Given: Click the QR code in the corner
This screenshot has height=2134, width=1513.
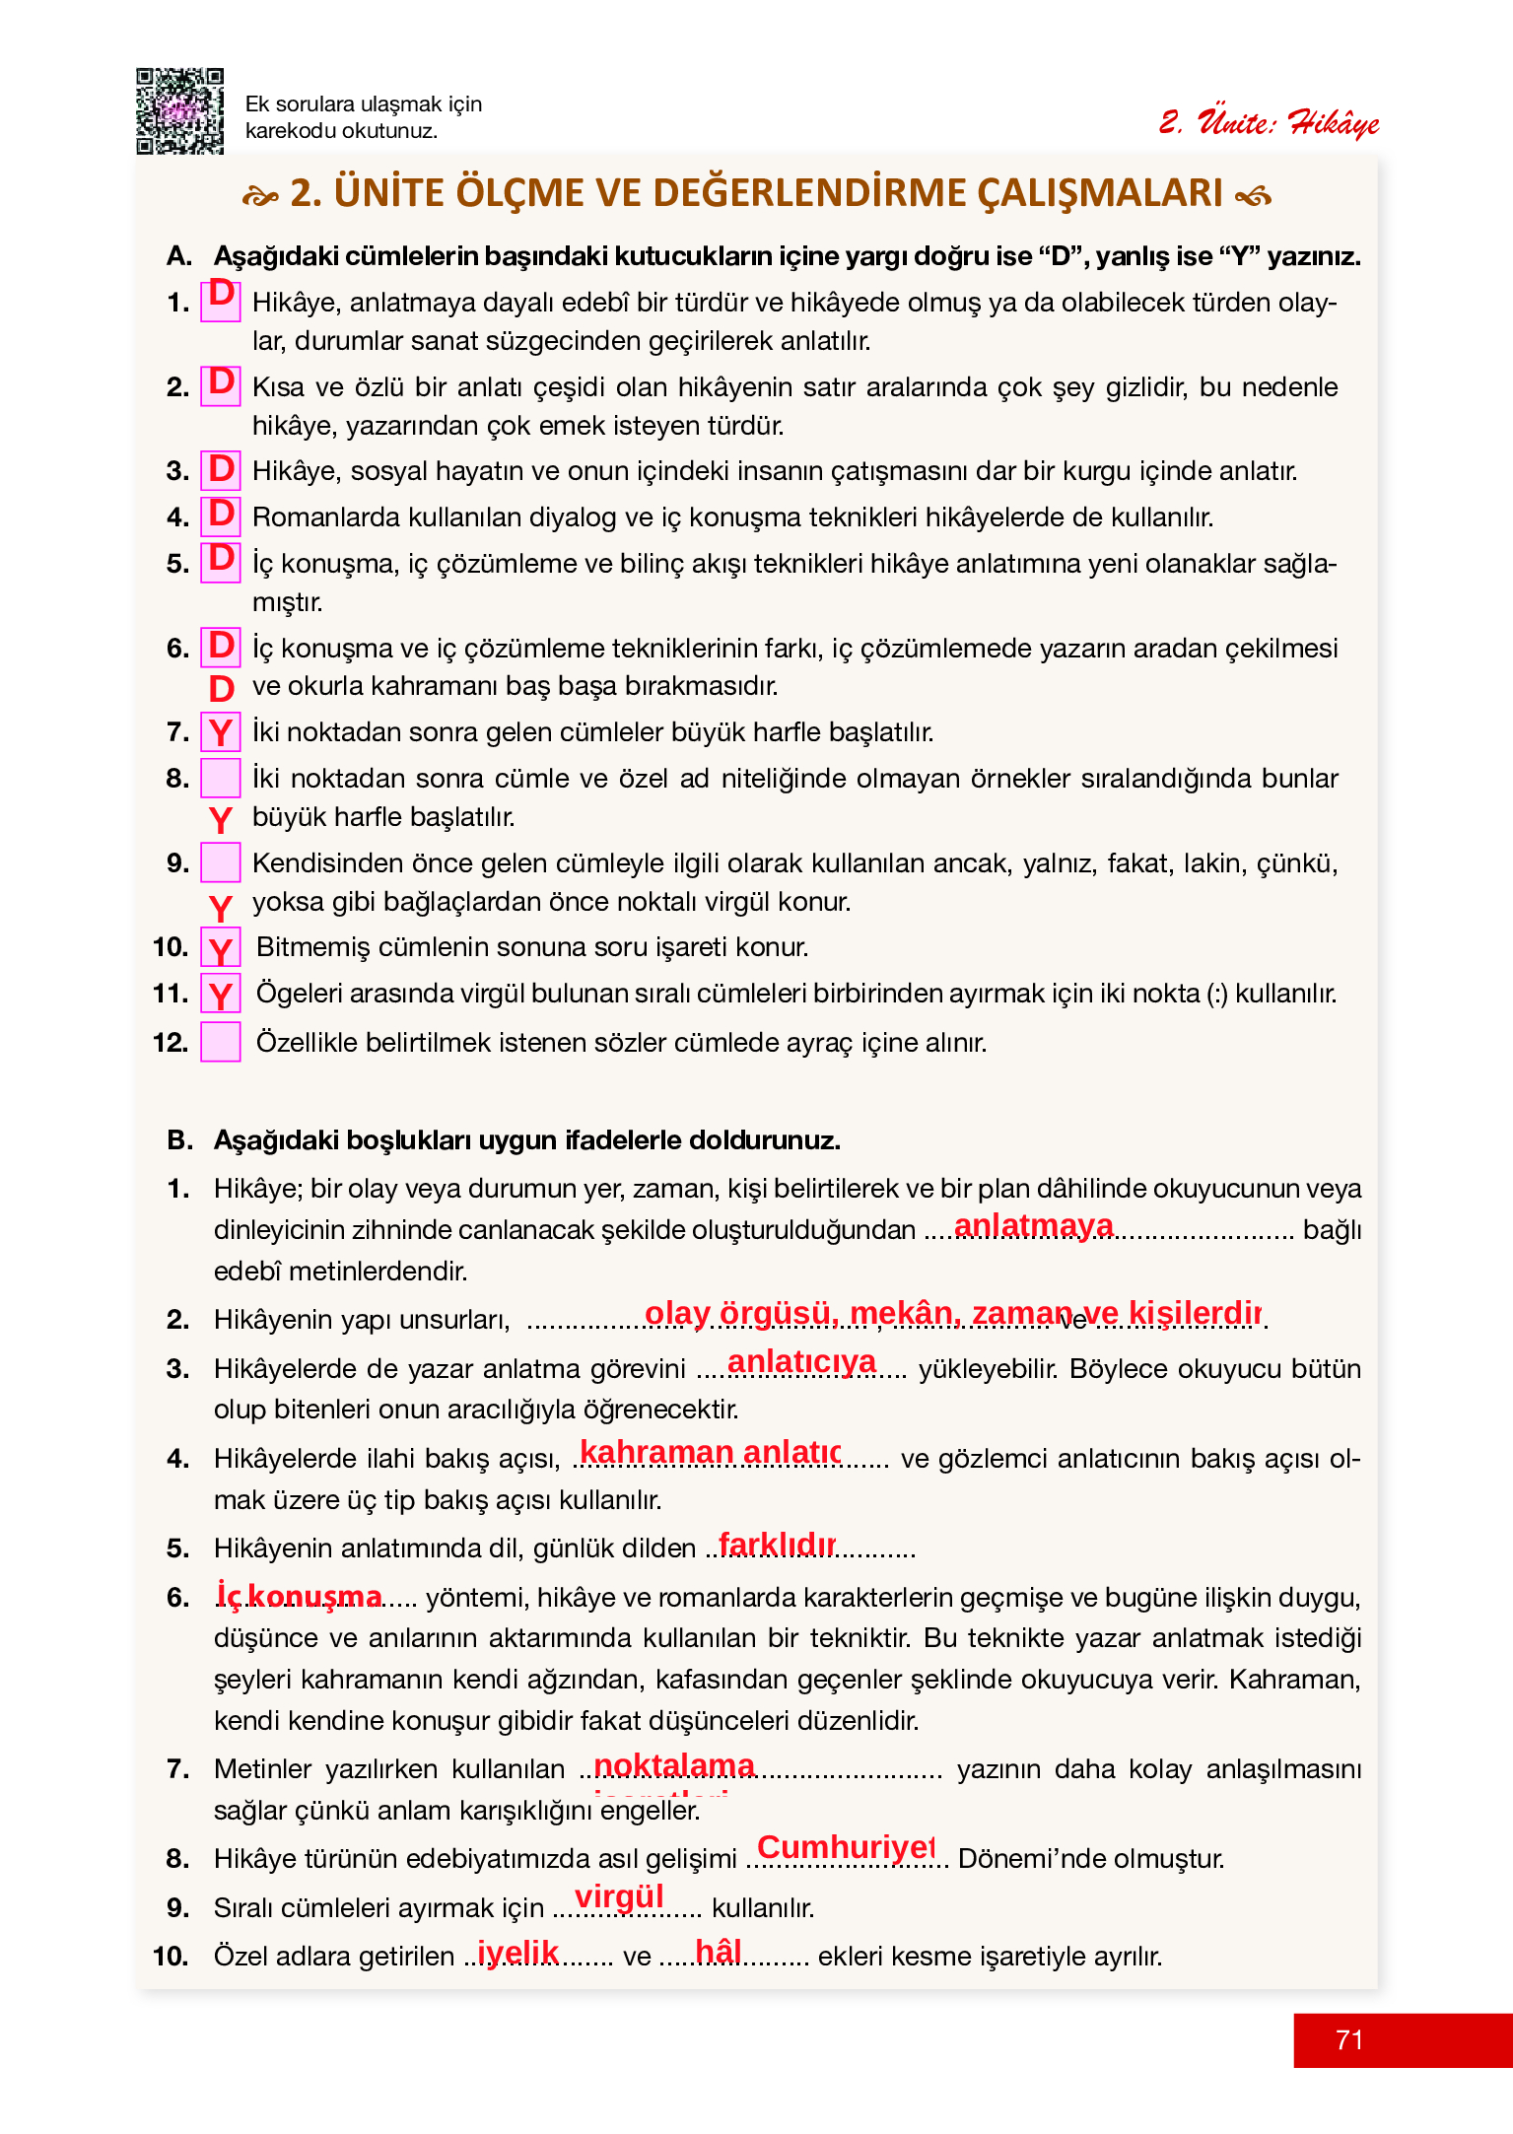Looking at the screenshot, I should coord(179,111).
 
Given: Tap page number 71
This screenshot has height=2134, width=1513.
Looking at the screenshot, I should coord(1348,2039).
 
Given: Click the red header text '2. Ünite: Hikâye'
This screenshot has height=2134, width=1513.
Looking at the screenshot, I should coord(1269,123).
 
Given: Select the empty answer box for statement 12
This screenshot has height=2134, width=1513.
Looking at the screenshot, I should coord(221,1042).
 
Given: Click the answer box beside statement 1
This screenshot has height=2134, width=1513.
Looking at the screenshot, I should coord(221,301).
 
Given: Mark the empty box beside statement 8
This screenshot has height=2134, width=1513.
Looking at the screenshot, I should coord(221,778).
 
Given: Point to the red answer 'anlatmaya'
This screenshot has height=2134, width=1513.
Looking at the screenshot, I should coord(1033,1224).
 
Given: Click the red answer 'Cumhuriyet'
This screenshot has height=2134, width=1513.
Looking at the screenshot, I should coord(845,1846).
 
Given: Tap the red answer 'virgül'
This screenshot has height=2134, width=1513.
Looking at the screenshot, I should coord(619,1895).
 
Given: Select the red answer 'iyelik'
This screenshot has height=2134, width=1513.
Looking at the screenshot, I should coord(517,1952).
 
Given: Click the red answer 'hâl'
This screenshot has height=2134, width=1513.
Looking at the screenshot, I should coord(719,1951).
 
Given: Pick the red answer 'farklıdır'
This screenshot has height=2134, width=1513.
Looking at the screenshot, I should coord(777,1544).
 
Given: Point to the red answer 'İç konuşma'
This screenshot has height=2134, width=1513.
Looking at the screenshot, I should coord(300,1596).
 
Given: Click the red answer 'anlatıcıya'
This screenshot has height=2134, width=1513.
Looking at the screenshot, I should coord(801,1361).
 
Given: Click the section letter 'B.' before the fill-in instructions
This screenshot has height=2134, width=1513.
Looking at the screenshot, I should coord(180,1140).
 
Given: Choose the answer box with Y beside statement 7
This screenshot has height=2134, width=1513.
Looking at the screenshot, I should coord(221,732).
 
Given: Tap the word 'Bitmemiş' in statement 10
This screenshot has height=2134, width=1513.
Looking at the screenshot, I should coord(312,947).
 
